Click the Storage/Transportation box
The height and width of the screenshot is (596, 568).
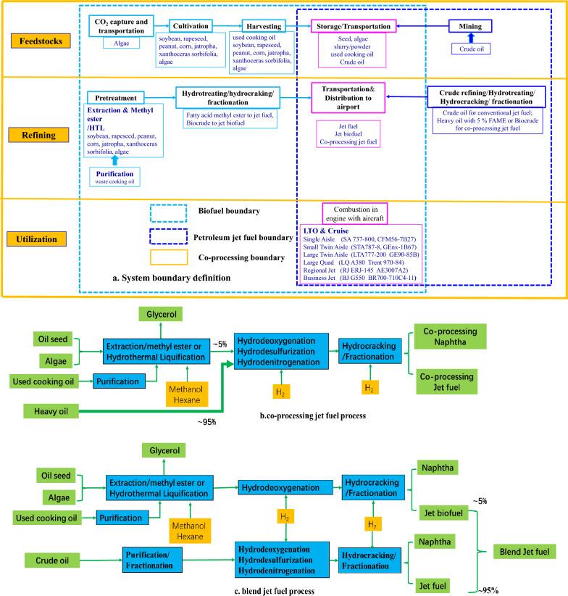(x=353, y=26)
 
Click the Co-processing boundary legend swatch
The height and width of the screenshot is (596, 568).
(x=168, y=257)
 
